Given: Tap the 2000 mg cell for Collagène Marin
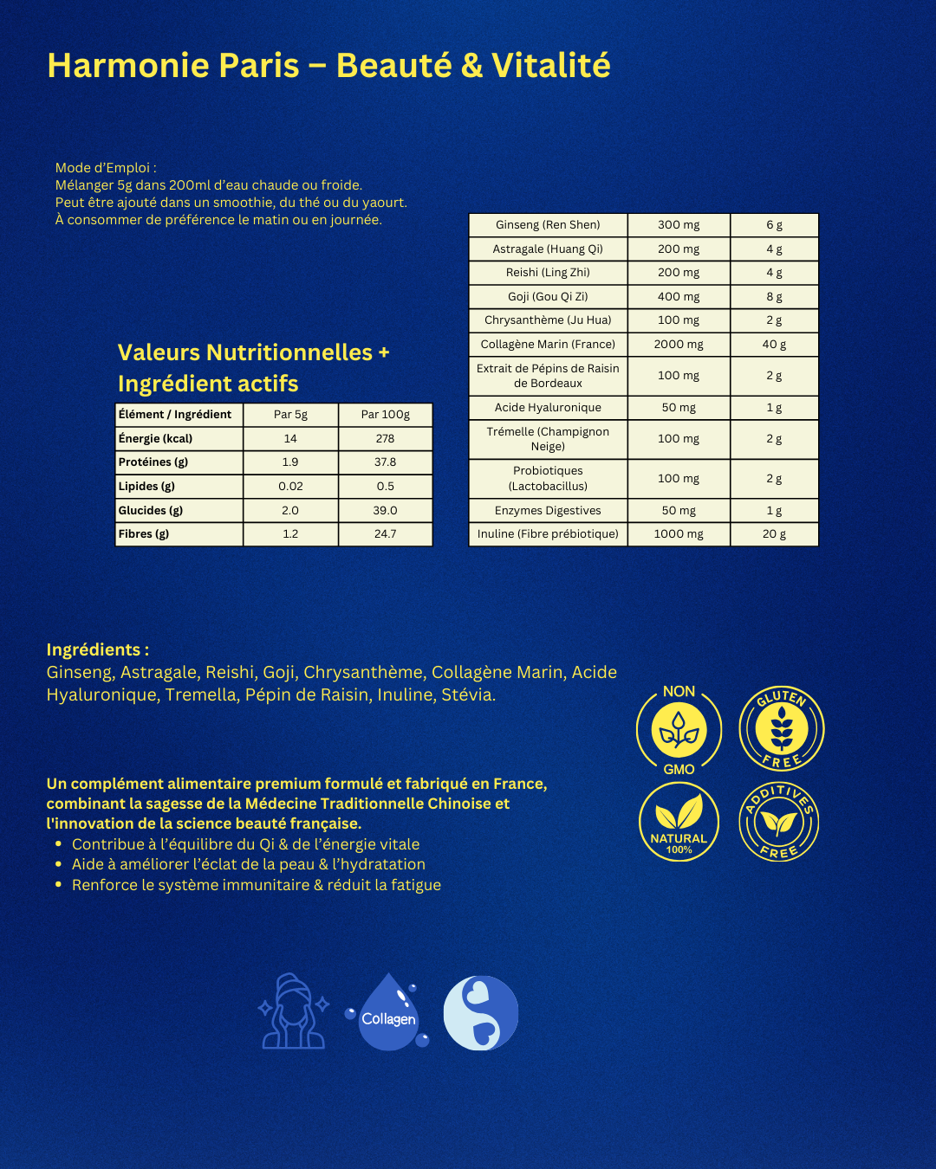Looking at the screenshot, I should (x=679, y=345).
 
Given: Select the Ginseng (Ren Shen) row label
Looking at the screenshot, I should (x=548, y=225).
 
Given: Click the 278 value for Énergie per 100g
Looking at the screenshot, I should (x=385, y=439).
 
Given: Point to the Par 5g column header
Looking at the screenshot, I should (x=290, y=415).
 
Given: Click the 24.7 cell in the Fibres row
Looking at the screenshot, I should (x=385, y=534).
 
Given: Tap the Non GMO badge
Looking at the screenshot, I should (x=679, y=729).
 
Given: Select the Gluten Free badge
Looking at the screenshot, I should (x=781, y=728).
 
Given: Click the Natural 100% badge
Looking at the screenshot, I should (x=679, y=822).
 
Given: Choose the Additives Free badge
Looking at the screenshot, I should (x=779, y=822).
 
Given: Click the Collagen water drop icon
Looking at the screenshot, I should (x=387, y=1012).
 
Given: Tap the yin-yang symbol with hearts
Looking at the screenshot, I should (x=481, y=1013).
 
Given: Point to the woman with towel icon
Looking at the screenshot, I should (x=293, y=1012).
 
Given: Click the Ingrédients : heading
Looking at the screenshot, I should (x=97, y=650).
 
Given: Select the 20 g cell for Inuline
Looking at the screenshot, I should (x=774, y=534).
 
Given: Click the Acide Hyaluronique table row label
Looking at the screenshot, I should (x=548, y=408).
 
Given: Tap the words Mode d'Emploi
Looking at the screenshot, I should (x=105, y=168).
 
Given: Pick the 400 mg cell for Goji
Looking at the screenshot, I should (x=679, y=297).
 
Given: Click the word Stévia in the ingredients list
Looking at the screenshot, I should (x=468, y=695).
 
